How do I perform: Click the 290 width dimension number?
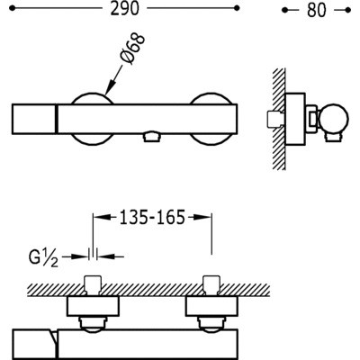[x=125, y=9]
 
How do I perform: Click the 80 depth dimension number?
[x=316, y=11]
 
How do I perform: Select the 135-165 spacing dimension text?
[x=152, y=217]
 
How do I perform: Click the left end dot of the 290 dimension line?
[x=12, y=8]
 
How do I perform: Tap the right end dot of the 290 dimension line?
[x=237, y=8]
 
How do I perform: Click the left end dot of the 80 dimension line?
[x=284, y=11]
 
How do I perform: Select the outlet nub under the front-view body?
[x=151, y=137]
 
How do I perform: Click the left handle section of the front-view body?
[x=34, y=119]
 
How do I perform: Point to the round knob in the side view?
[x=334, y=118]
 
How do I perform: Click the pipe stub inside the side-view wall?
[x=274, y=119]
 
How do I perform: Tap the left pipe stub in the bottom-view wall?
[x=93, y=284]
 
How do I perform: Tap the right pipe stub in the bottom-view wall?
[x=211, y=285]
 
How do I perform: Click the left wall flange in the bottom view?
[x=93, y=306]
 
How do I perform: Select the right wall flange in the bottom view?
[x=211, y=306]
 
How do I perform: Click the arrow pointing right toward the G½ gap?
[x=75, y=256]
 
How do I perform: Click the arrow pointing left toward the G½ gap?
[x=111, y=256]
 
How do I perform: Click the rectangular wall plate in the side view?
[x=295, y=120]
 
